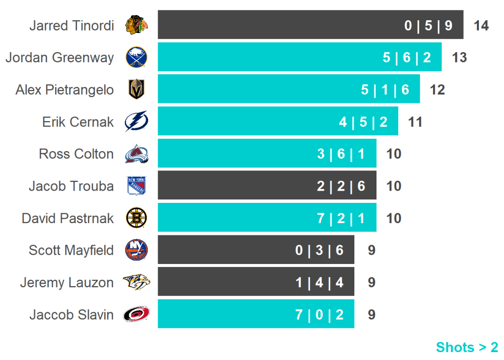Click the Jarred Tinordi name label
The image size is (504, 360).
(71, 26)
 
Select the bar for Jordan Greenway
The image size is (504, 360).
(299, 57)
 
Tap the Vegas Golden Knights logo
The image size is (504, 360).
(136, 90)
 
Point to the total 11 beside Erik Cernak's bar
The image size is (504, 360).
(415, 122)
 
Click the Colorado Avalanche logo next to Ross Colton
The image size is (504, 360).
(136, 154)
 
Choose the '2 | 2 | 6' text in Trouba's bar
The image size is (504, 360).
(341, 186)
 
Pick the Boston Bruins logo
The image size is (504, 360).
(136, 218)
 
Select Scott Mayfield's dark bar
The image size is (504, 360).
(256, 250)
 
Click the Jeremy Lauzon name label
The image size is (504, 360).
(66, 283)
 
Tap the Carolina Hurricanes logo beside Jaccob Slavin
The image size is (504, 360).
(136, 314)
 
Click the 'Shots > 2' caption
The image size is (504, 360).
(467, 347)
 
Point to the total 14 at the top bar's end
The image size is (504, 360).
(481, 26)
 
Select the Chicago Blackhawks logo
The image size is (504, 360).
(136, 25)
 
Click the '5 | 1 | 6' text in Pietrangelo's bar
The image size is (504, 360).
(385, 90)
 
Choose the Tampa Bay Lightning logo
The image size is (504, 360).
(136, 122)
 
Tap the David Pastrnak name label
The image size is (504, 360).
(67, 218)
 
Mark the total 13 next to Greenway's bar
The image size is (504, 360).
(459, 58)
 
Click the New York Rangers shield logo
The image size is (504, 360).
(136, 186)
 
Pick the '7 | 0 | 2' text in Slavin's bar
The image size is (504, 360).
(319, 315)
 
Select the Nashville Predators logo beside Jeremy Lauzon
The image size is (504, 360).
(136, 282)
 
